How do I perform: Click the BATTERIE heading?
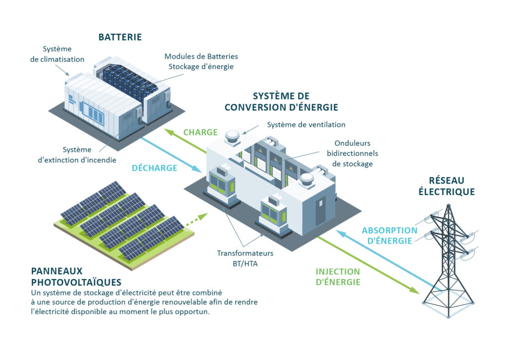pyautogui.click(x=120, y=37)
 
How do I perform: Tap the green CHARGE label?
pyautogui.click(x=200, y=132)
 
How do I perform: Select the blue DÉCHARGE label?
pyautogui.click(x=155, y=168)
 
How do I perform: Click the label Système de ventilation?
pyautogui.click(x=306, y=124)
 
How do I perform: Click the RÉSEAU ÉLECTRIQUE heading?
pyautogui.click(x=446, y=186)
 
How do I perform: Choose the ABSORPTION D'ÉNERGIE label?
pyautogui.click(x=389, y=236)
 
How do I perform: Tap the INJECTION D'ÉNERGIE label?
pyautogui.click(x=338, y=277)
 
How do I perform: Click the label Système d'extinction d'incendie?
pyautogui.click(x=77, y=155)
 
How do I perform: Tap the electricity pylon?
pyautogui.click(x=447, y=259)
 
